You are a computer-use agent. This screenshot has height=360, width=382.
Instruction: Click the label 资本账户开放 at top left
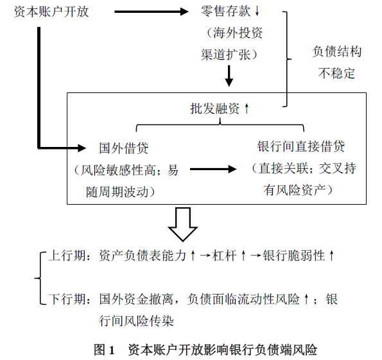point(51,12)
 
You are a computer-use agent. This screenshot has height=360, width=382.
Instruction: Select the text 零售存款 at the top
point(225,11)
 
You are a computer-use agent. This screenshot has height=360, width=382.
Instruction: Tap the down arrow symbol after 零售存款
point(257,11)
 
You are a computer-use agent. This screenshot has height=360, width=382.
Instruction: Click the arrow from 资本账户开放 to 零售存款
point(152,12)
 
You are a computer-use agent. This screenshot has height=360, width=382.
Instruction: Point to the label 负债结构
point(337,51)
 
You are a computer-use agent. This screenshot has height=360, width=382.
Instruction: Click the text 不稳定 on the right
point(336,73)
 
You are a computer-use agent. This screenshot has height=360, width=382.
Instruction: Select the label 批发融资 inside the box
point(215,108)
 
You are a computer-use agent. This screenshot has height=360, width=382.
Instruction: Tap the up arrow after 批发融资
point(247,108)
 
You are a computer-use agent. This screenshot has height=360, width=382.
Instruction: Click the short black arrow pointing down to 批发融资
point(229,76)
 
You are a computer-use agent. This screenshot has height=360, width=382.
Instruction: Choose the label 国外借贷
point(124,148)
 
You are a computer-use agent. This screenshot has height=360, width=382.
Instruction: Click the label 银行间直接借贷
point(301,146)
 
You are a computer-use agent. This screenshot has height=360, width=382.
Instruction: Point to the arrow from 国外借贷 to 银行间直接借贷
point(213,169)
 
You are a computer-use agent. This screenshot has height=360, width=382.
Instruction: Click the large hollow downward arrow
point(183,225)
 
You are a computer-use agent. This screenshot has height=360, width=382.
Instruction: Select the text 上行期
point(67,256)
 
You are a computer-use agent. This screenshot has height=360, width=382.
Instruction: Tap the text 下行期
point(67,299)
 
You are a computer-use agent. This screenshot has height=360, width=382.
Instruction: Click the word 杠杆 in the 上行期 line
point(224,256)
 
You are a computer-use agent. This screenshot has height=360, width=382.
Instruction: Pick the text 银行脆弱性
point(294,256)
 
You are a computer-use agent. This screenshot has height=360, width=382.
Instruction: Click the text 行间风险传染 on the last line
point(136,321)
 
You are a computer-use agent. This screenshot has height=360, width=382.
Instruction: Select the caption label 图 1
point(104,350)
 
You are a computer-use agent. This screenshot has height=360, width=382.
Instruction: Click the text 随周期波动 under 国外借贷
point(117,192)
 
